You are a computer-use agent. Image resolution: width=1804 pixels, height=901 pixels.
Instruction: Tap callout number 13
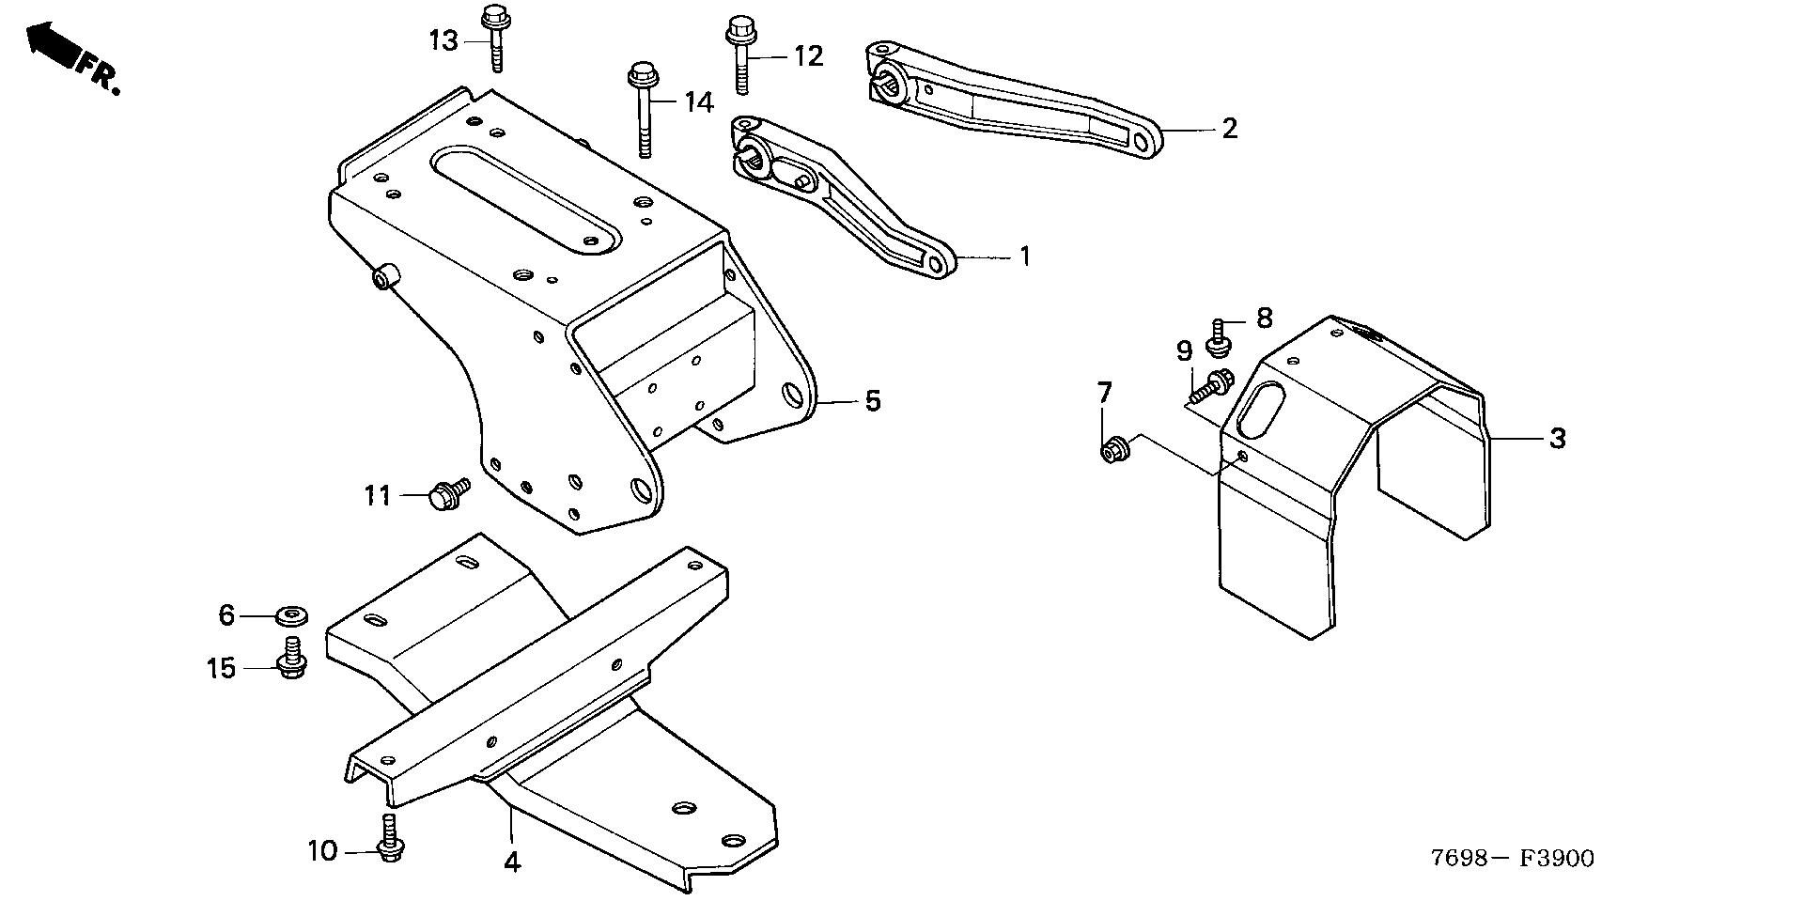click(443, 40)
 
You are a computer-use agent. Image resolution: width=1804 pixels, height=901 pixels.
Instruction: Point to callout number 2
click(1229, 128)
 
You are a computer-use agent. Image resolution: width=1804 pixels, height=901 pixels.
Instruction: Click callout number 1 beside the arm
click(1025, 256)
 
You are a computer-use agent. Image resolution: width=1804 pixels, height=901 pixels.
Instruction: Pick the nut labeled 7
click(1112, 450)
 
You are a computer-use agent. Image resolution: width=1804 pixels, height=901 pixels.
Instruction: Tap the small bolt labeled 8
click(1219, 338)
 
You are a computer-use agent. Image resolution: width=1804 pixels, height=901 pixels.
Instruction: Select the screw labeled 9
click(1210, 385)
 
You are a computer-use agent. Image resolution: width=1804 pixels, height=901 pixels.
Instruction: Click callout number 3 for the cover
click(1557, 438)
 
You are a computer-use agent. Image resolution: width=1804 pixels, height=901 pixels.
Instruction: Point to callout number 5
click(873, 401)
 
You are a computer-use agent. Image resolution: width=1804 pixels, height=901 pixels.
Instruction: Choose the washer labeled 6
click(292, 617)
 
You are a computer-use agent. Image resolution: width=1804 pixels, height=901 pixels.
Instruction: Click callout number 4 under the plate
click(511, 862)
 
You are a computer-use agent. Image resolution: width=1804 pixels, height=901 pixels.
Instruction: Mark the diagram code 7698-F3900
click(1512, 858)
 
